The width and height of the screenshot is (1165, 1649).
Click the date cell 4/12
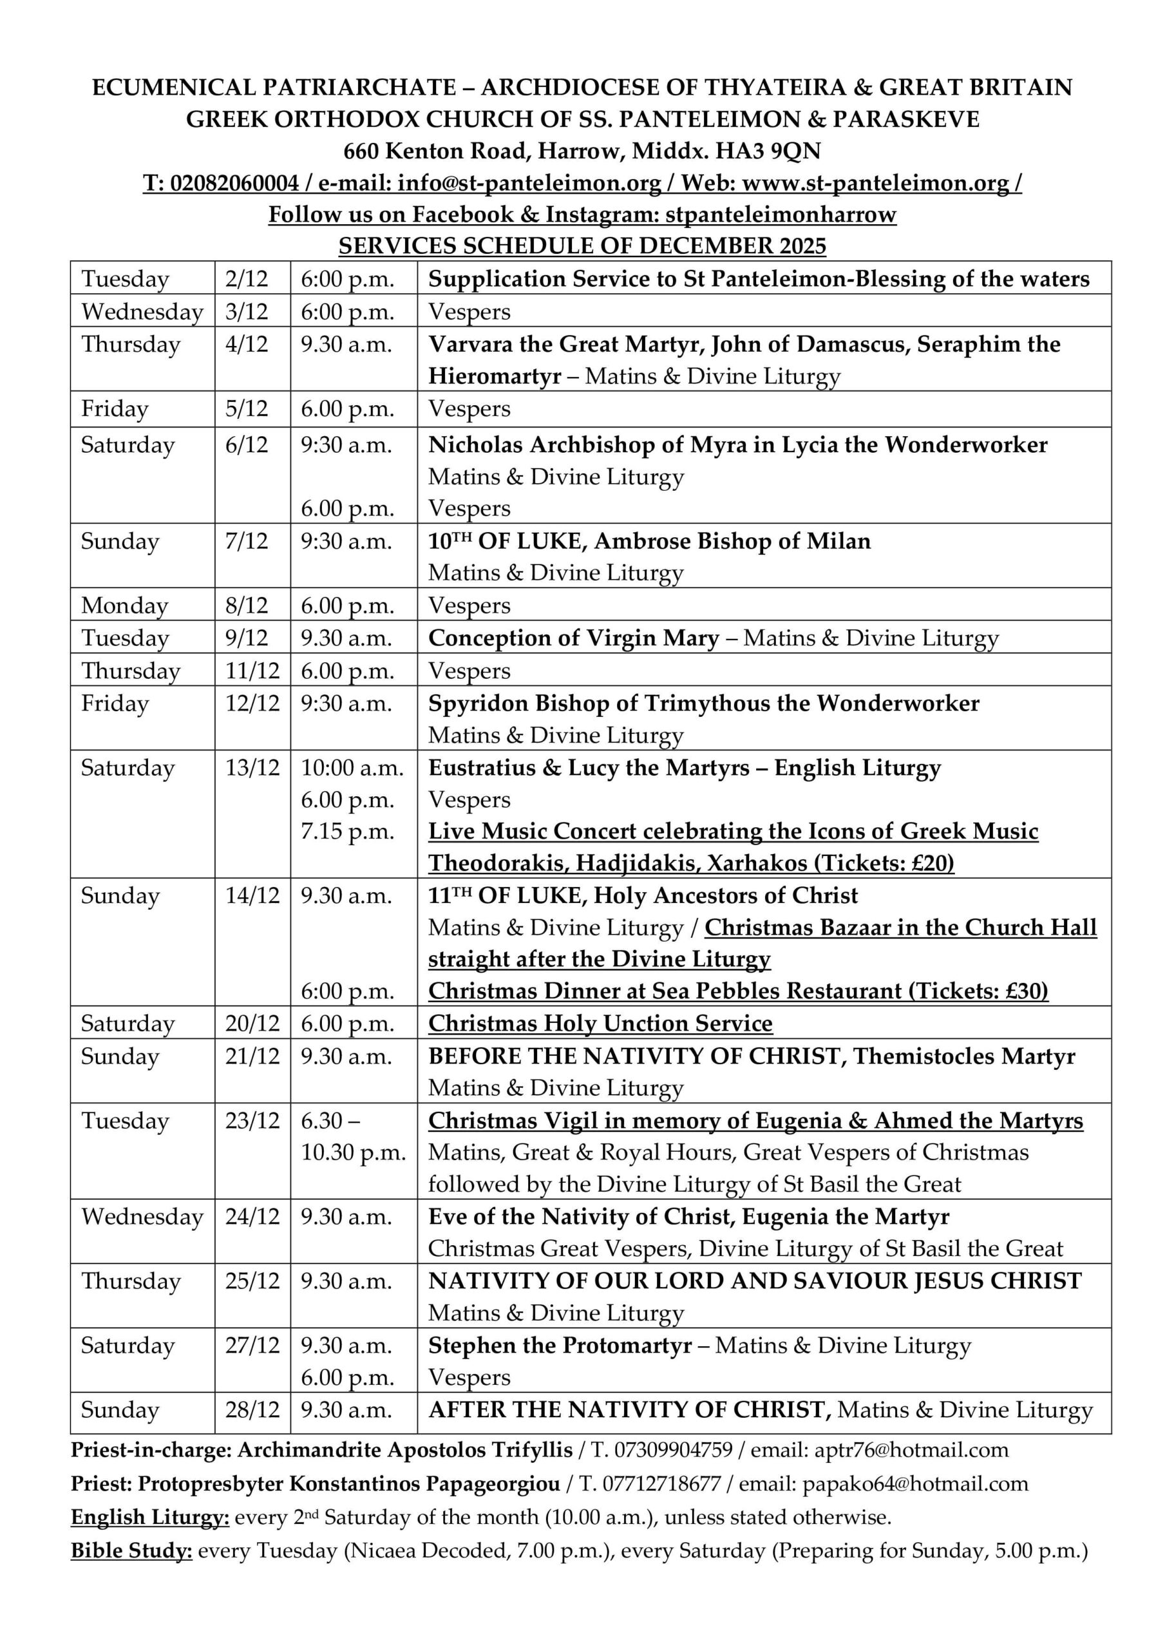click(247, 344)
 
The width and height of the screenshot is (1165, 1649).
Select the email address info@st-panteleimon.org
click(529, 183)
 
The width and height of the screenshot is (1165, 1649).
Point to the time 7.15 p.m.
click(348, 832)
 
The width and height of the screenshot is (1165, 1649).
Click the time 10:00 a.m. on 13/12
click(352, 768)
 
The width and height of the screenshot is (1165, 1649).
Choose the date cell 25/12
click(252, 1281)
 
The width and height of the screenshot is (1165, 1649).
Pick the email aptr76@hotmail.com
click(911, 1450)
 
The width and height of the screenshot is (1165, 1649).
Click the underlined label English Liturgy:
click(150, 1517)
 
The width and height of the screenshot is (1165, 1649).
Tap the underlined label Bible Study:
click(131, 1550)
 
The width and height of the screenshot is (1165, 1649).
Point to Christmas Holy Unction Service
click(600, 1024)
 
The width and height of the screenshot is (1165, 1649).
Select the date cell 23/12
click(252, 1120)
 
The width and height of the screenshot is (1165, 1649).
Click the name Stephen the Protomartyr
click(560, 1345)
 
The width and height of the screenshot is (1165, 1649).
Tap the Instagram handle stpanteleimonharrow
click(781, 214)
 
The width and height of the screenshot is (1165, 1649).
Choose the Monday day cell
click(124, 605)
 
